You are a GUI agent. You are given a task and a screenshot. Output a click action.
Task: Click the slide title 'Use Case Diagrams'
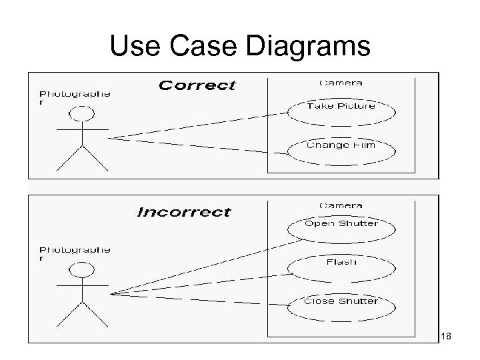(239, 46)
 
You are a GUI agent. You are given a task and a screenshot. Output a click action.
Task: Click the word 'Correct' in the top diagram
(197, 85)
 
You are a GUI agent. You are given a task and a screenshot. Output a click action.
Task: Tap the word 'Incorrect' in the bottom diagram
(184, 213)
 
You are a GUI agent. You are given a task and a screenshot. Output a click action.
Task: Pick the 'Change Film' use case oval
(341, 146)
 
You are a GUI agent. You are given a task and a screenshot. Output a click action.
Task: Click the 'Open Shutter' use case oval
(341, 225)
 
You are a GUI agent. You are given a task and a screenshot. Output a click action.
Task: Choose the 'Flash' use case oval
(341, 263)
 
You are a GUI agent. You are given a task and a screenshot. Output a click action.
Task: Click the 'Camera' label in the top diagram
(341, 83)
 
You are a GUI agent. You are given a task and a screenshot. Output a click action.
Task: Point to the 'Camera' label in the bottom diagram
(341, 205)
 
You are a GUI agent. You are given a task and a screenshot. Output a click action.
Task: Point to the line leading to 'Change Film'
(200, 147)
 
